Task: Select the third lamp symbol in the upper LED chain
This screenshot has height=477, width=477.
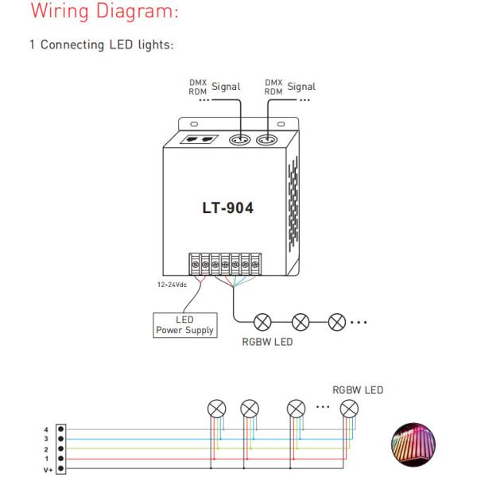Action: tap(336, 322)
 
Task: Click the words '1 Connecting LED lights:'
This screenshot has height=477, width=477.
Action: tap(101, 45)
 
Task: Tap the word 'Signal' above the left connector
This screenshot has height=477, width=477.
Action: tap(225, 87)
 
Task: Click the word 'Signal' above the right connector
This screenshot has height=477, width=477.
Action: tap(301, 87)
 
